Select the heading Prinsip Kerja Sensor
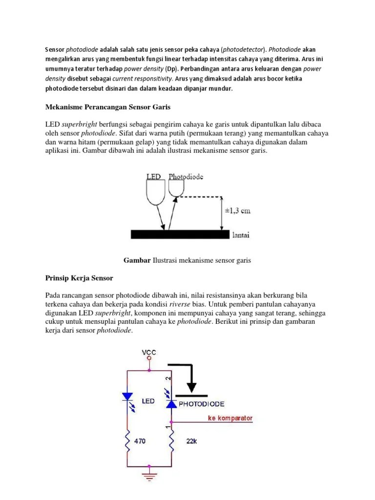pyautogui.click(x=79, y=278)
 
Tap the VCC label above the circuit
pyautogui.click(x=149, y=352)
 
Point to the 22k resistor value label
pyautogui.click(x=191, y=441)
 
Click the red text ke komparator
pyautogui.click(x=230, y=418)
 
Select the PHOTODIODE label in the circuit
pyautogui.click(x=202, y=404)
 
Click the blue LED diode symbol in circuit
pyautogui.click(x=127, y=397)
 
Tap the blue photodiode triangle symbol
pyautogui.click(x=171, y=403)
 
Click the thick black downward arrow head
pyautogui.click(x=192, y=387)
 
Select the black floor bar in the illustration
pyautogui.click(x=180, y=234)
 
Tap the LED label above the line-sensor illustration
pyautogui.click(x=153, y=176)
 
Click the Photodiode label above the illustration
pyautogui.click(x=186, y=176)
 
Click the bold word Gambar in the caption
pyautogui.click(x=137, y=260)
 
